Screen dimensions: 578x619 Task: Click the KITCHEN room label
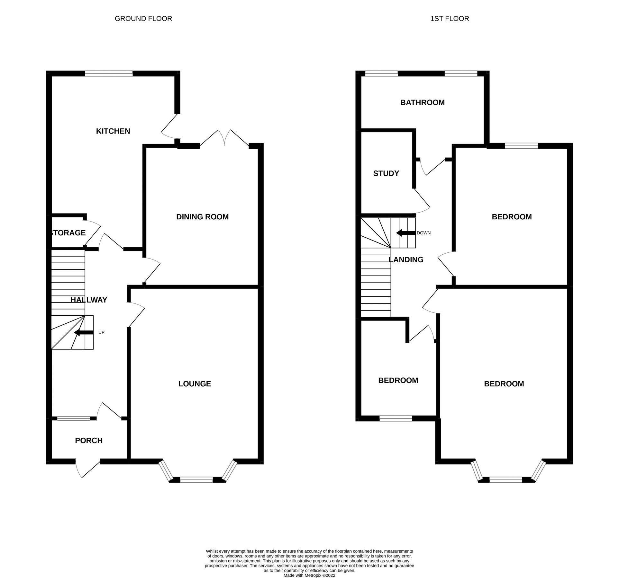[113, 131]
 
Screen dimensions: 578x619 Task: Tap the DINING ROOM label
[202, 217]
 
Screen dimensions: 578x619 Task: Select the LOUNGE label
[195, 384]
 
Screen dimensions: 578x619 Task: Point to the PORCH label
[89, 441]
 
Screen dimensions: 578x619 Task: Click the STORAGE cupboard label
[68, 233]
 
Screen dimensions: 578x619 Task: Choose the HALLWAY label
[89, 300]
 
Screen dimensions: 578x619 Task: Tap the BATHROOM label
[422, 102]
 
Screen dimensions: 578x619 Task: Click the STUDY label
[386, 173]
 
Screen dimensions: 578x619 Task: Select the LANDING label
[406, 259]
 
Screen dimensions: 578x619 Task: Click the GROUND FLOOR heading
[143, 19]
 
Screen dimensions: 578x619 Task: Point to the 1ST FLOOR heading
[450, 19]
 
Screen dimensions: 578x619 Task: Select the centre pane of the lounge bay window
[196, 480]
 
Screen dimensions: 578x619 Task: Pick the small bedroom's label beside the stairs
[398, 381]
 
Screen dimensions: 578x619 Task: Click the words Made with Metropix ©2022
[309, 576]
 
